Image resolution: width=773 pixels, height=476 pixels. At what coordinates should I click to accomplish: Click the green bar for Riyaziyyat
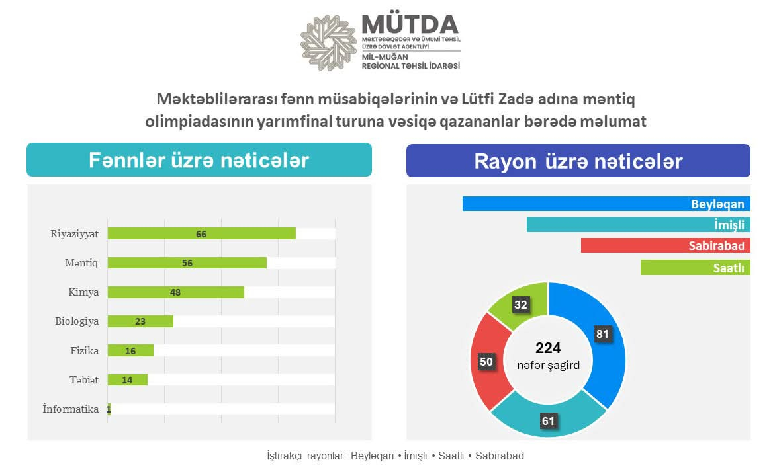tap(201, 233)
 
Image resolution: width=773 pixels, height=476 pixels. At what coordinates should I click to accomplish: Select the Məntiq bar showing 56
tap(187, 262)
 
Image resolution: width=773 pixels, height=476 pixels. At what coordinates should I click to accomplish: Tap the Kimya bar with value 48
tap(176, 292)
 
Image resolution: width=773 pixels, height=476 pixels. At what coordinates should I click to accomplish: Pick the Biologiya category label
tap(77, 321)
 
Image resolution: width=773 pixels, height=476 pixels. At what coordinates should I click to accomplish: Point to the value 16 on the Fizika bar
tap(130, 351)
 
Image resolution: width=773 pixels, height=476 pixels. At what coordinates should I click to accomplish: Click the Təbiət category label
tap(84, 379)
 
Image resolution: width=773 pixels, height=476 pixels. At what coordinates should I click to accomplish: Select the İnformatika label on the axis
tap(71, 409)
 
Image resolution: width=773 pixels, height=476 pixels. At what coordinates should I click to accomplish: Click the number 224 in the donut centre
tap(548, 348)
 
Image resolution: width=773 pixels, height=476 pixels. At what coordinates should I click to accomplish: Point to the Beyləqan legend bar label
tap(717, 204)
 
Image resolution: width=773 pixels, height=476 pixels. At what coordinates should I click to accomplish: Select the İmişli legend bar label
tap(729, 225)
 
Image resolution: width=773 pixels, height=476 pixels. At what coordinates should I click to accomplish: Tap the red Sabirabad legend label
tap(716, 246)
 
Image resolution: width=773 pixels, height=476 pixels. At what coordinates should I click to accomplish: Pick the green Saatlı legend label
tap(729, 268)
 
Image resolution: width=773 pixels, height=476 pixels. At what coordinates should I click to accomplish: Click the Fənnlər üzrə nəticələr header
tap(199, 161)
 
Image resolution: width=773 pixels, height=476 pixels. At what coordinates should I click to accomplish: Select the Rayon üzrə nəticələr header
tap(578, 161)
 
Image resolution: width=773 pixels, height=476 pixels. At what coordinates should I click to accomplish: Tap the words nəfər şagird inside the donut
tap(548, 364)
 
